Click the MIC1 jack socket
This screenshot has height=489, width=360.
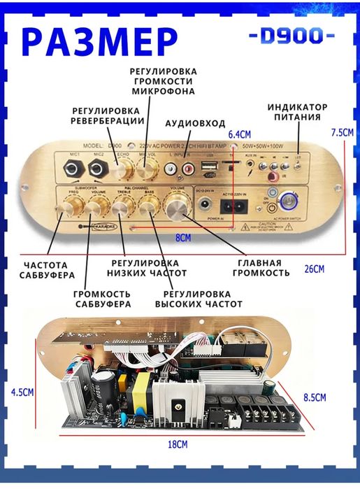71,168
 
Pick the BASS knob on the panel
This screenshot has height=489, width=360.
149,206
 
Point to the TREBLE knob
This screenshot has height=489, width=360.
123,206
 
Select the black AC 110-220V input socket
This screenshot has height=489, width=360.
233,207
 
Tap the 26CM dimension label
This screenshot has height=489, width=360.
315,269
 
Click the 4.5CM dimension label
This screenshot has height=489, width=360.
22,392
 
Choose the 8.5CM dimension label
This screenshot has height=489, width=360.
316,397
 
